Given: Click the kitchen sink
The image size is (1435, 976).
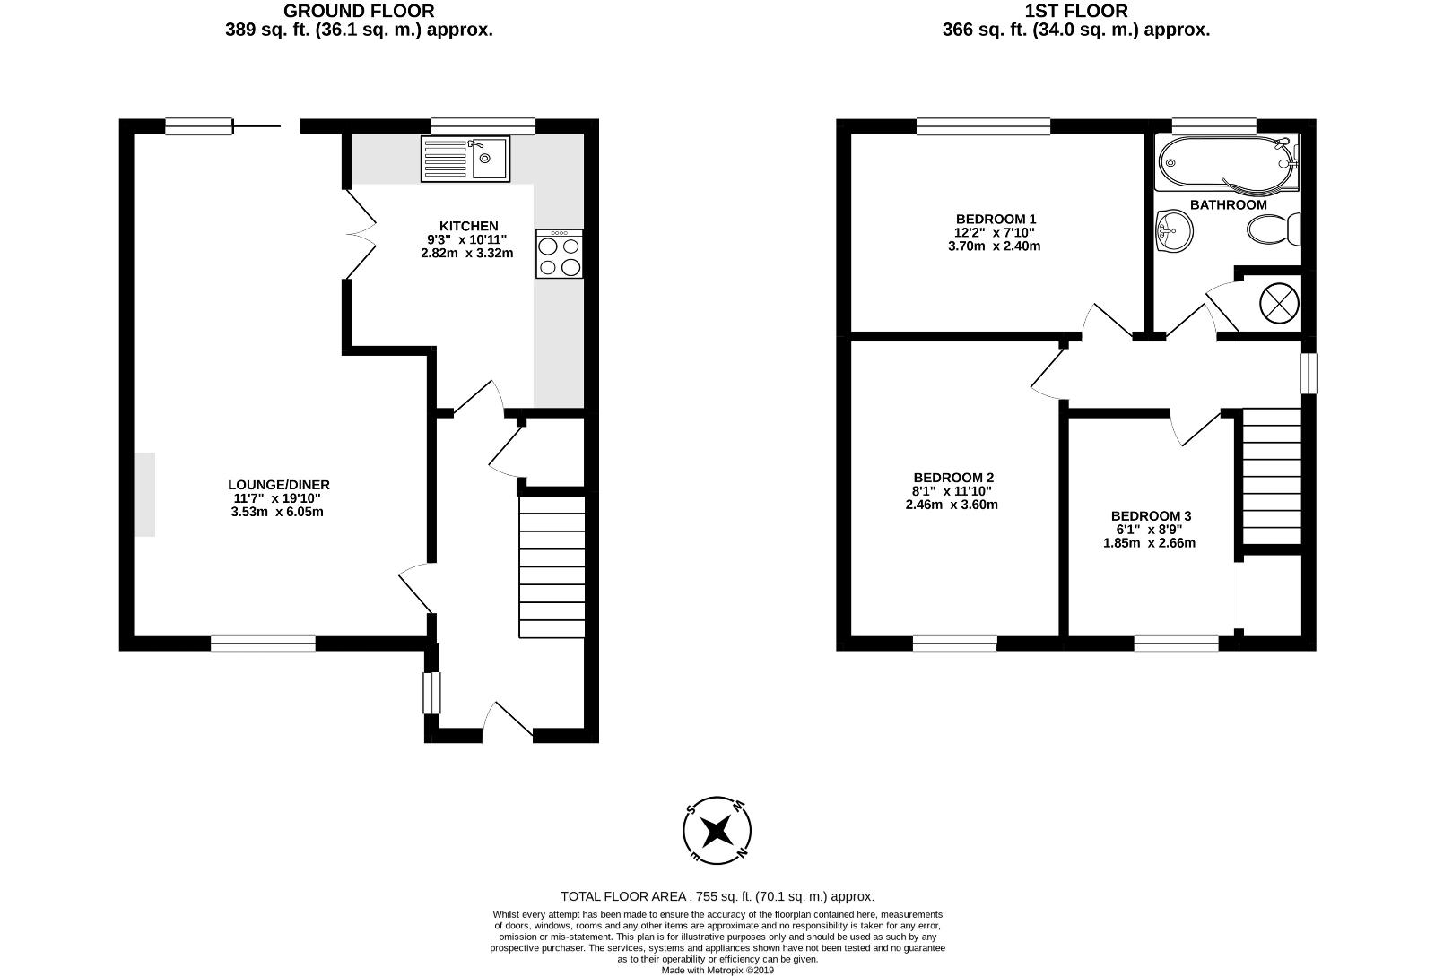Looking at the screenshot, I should coord(465,160).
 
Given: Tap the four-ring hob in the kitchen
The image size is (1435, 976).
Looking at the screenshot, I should coord(559,254).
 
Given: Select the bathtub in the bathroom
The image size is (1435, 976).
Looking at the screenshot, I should coord(1226,163).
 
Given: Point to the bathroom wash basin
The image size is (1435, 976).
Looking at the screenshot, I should coord(1174,231).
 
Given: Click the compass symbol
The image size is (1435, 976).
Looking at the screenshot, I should coord(717,831).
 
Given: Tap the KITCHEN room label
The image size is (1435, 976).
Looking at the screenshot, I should coord(468,226).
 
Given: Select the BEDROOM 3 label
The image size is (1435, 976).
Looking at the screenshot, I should coord(1151,516).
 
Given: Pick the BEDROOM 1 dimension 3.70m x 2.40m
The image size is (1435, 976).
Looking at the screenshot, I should coord(995,246).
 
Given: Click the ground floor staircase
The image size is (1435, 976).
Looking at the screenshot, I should coord(552,567).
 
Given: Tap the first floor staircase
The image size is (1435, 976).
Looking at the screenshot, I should coord(1271,476).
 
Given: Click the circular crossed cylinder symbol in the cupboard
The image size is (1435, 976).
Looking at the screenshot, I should coord(1279,302).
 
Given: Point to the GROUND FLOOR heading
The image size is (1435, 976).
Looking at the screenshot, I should coord(358,12).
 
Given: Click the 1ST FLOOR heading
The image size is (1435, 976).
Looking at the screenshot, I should coord(1075,12).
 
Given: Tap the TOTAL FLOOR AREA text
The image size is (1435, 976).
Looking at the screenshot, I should coord(717,896).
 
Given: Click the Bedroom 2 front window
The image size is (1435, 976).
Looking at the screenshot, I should coord(954,643).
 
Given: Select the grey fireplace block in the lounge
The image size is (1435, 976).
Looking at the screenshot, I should coord(144,495).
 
